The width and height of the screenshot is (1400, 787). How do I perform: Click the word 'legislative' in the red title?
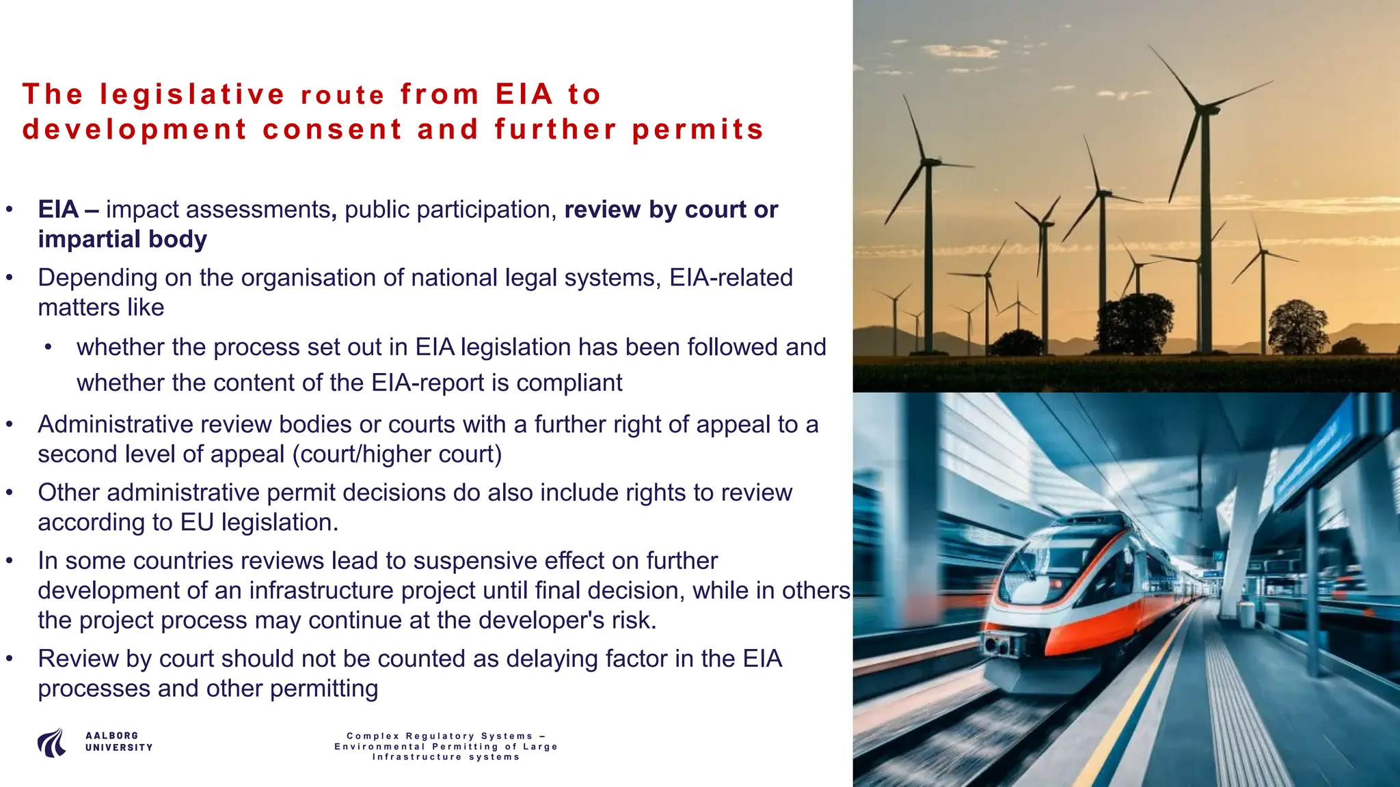[192, 95]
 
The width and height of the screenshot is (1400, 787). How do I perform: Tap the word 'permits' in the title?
[697, 130]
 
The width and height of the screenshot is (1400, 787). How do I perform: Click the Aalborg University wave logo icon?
[52, 743]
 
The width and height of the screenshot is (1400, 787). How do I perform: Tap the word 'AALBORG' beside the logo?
[111, 736]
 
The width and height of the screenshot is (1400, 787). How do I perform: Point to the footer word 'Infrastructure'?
[417, 757]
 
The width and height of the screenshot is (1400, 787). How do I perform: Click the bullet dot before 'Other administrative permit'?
[10, 493]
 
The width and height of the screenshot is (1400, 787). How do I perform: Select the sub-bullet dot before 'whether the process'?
[49, 348]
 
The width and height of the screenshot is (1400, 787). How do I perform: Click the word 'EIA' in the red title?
[524, 95]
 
